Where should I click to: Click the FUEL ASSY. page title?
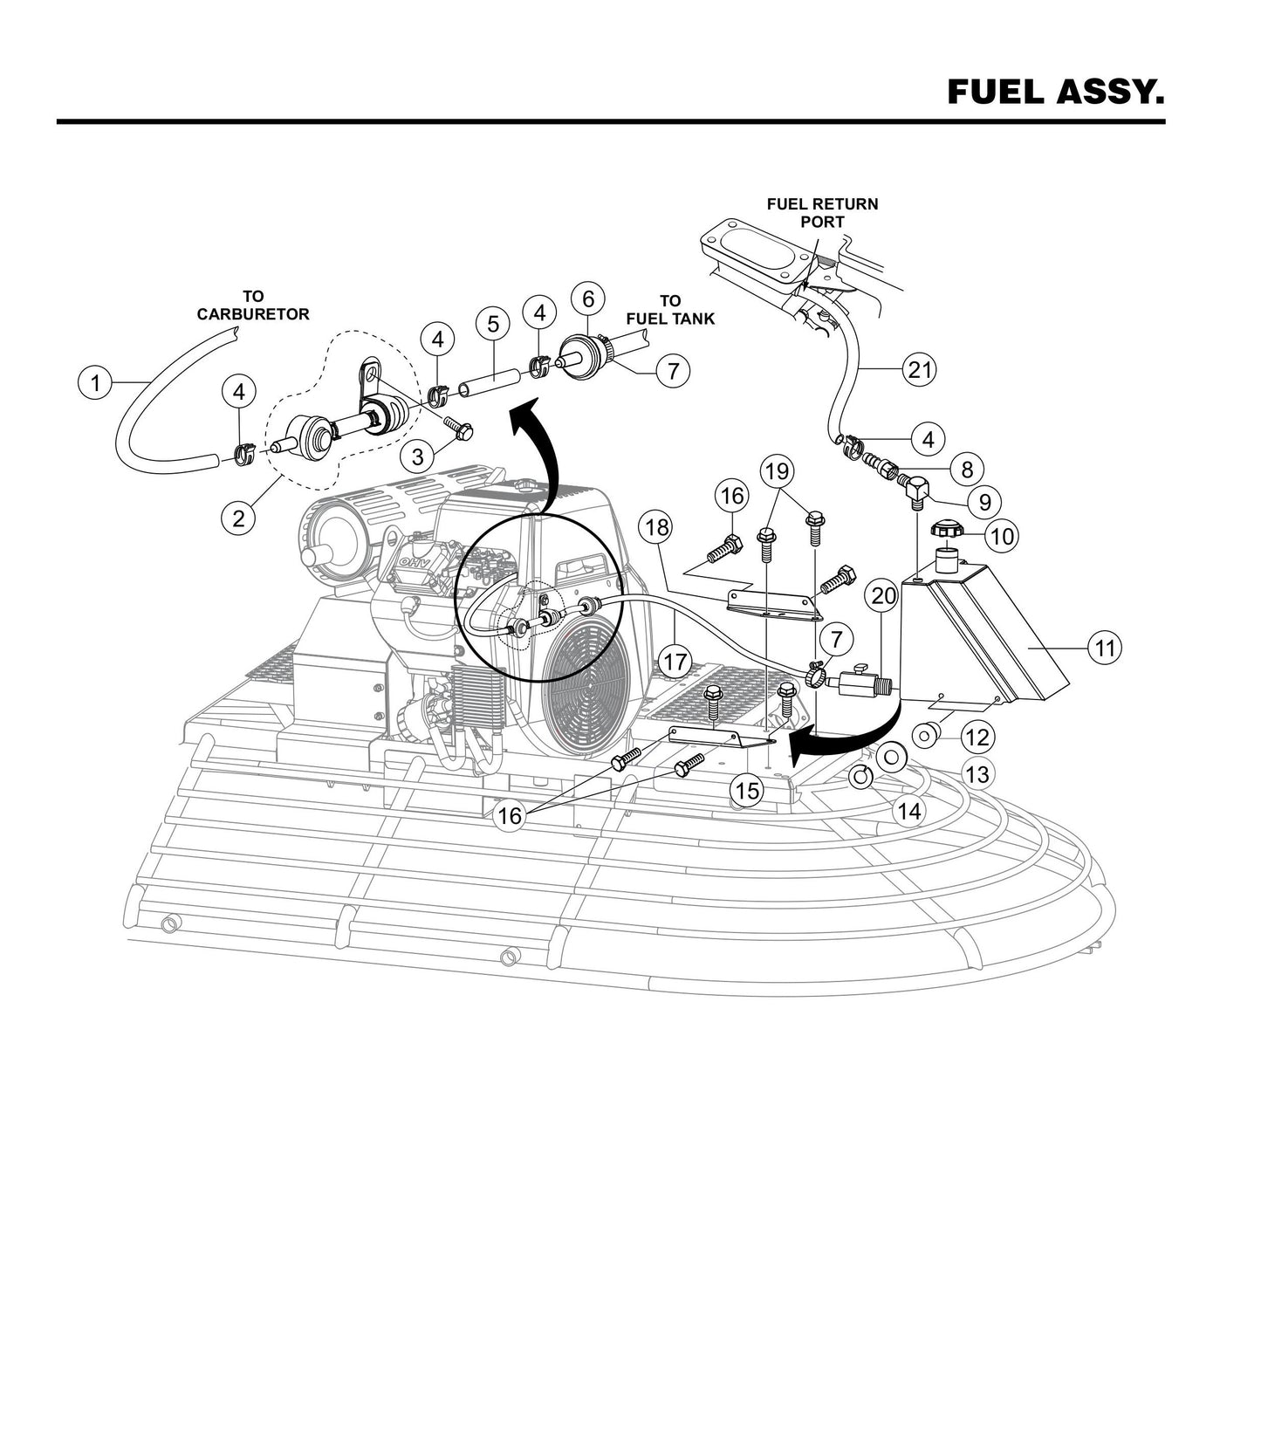point(1055,92)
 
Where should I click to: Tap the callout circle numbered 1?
point(95,382)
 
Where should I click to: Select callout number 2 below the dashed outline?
point(237,518)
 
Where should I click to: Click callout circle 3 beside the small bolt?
point(418,456)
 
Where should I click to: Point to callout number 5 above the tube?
point(493,325)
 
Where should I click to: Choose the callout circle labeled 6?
point(588,299)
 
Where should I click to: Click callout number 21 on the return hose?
point(920,369)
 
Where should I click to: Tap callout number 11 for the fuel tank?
point(1105,648)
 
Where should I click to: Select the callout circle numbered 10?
point(1004,535)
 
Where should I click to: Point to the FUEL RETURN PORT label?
point(822,213)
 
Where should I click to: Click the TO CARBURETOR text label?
point(253,305)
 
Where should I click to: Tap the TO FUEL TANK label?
point(669,310)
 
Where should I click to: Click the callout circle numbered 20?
point(884,596)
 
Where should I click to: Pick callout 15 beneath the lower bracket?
point(746,791)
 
